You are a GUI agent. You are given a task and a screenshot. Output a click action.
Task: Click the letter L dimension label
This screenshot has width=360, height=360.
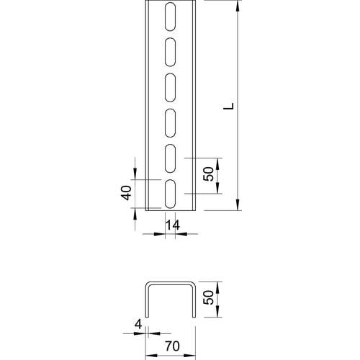click(x=228, y=106)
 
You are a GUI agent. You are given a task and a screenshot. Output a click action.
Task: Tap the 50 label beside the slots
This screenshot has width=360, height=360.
click(x=209, y=175)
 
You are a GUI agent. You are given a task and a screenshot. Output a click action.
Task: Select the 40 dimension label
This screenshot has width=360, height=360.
click(x=125, y=193)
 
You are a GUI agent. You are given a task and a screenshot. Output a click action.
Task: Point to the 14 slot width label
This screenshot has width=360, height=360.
click(x=171, y=225)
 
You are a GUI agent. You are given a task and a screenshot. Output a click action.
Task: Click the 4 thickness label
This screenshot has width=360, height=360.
click(x=137, y=324)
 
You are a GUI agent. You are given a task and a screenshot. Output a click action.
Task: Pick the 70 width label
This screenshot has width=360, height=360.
click(x=171, y=346)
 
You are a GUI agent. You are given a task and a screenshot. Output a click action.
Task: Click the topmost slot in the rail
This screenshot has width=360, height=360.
click(x=171, y=15)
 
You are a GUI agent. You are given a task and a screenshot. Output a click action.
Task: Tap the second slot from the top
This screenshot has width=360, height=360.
click(x=171, y=50)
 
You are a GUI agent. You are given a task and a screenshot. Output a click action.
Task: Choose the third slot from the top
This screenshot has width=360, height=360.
click(x=171, y=86)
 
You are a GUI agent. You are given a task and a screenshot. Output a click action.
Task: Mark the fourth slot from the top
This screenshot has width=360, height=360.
click(x=171, y=122)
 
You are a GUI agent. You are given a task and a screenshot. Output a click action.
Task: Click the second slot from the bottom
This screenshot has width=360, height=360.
click(x=171, y=158)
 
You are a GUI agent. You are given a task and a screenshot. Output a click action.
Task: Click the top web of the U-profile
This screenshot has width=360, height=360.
click(x=171, y=283)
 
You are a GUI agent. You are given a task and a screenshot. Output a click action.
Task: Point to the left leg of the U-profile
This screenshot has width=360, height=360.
click(x=147, y=300)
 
